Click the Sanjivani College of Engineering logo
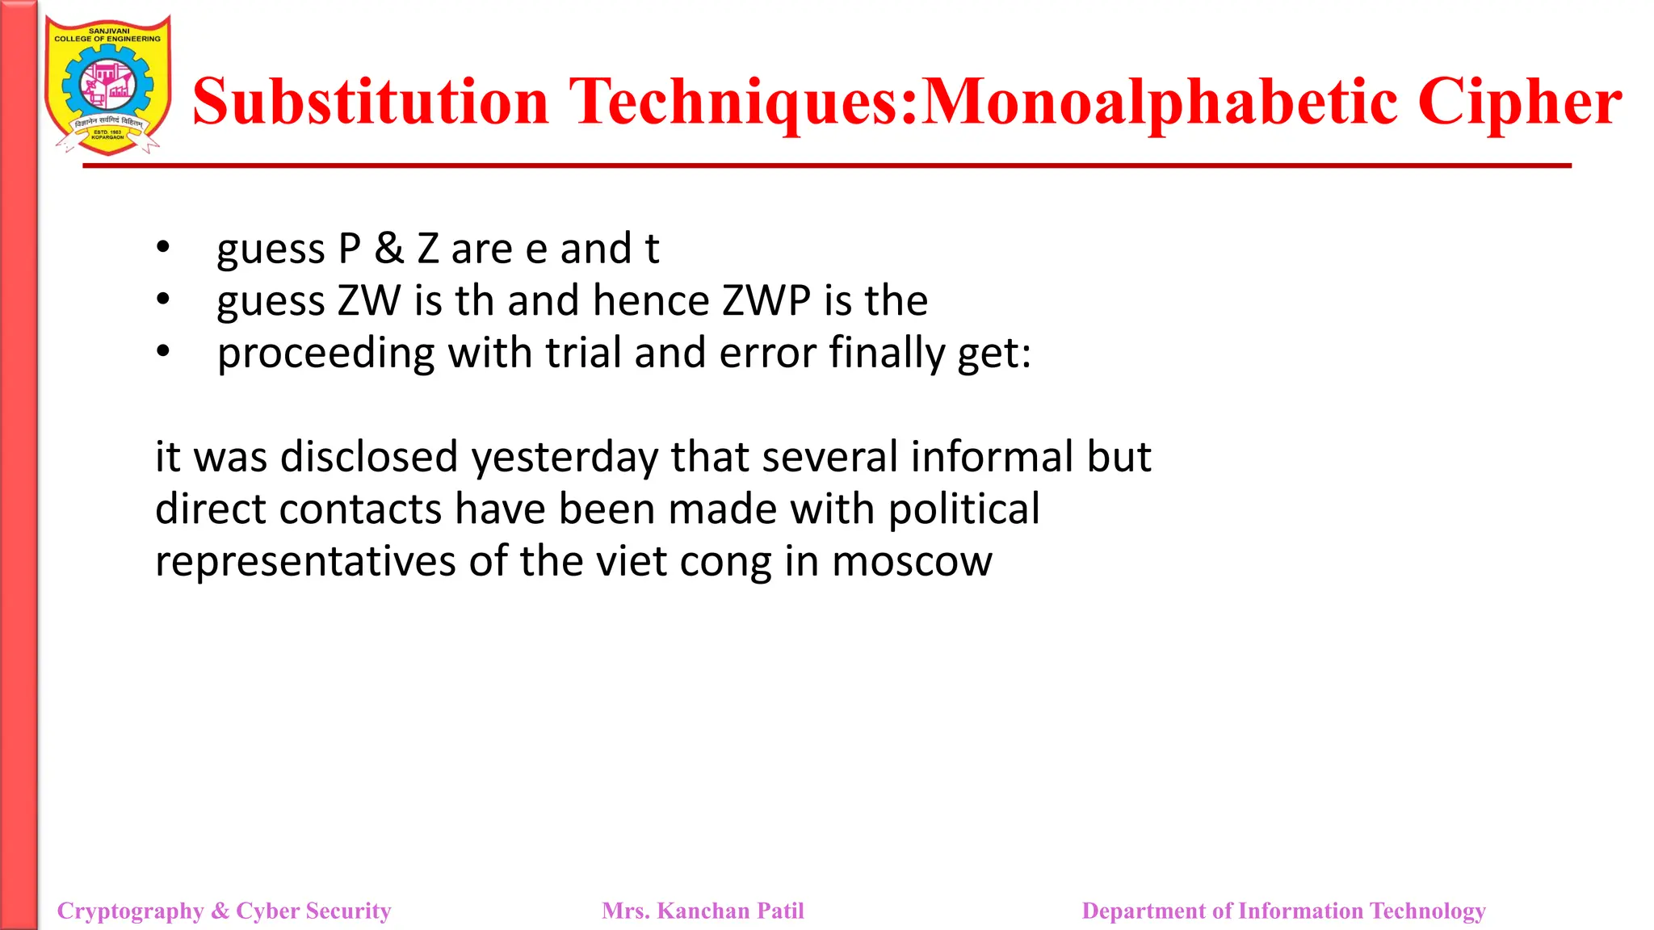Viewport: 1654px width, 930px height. (107, 86)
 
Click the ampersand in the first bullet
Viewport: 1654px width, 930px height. (388, 249)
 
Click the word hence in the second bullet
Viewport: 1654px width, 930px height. (651, 301)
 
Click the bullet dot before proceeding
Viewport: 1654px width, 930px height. (163, 351)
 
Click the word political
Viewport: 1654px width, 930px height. (963, 509)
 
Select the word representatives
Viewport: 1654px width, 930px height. (305, 562)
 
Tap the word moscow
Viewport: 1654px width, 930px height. (912, 562)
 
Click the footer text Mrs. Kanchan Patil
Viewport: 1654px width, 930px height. (703, 911)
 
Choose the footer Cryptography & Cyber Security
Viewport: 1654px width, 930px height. (225, 911)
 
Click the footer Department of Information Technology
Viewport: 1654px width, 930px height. (1283, 911)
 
